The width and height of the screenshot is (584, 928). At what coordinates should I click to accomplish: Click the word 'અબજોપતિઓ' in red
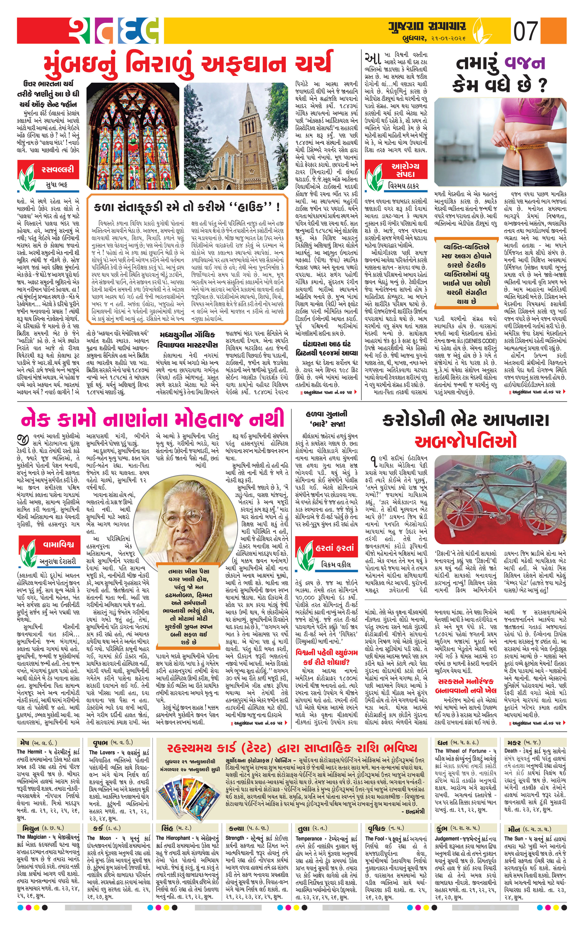(465, 441)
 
